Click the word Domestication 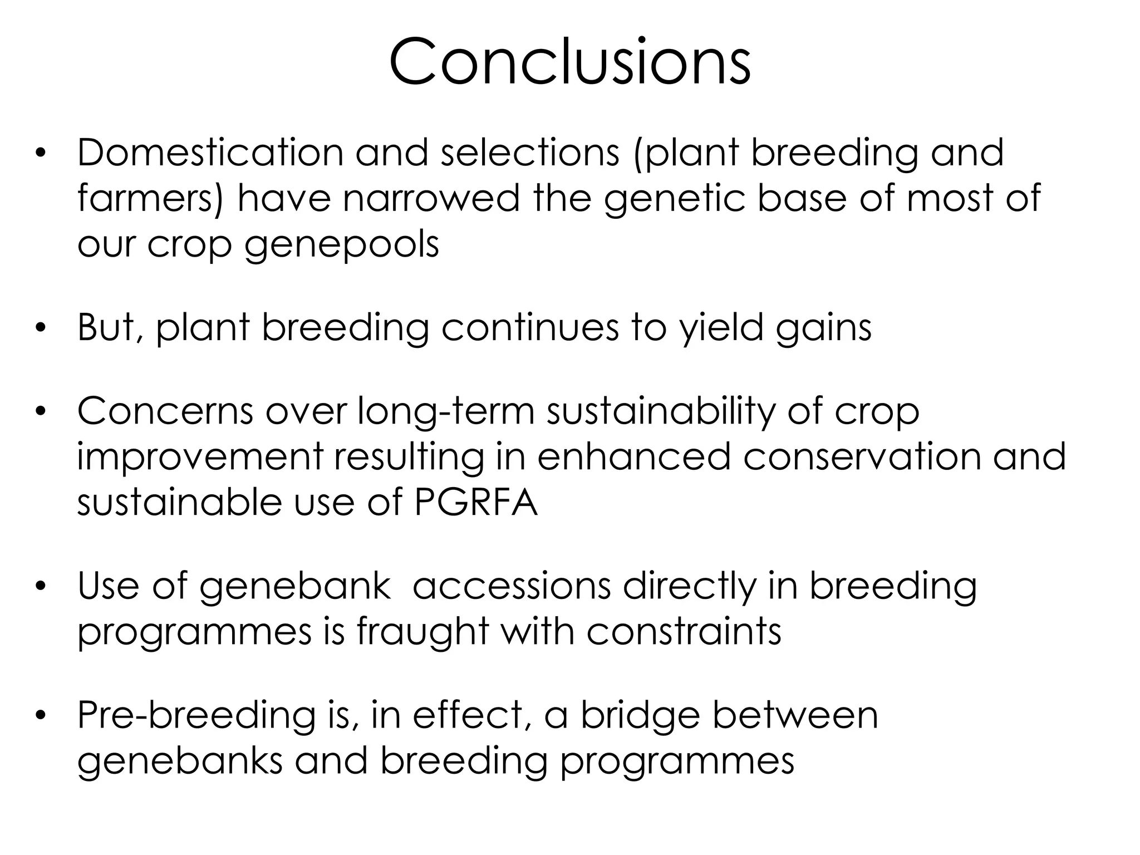click(210, 153)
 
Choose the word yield click(720, 328)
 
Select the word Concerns click(165, 411)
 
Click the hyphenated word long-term click(445, 412)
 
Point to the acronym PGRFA click(476, 503)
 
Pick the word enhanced click(633, 456)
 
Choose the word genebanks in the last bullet click(180, 761)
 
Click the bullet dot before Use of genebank click(40, 586)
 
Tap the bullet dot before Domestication click(40, 153)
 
